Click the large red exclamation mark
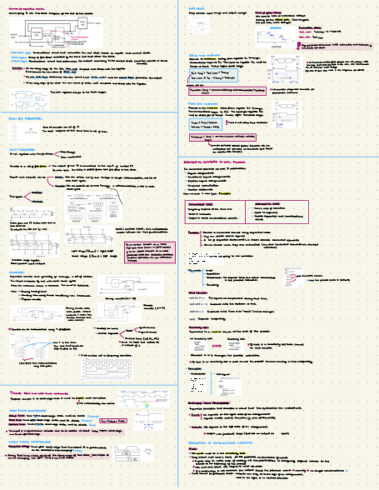tap(298, 44)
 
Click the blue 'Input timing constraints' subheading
tap(25, 410)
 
